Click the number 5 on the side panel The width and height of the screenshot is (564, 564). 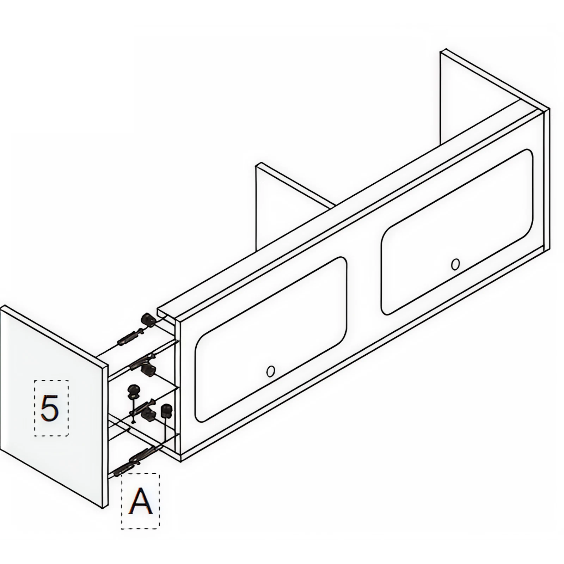click(50, 408)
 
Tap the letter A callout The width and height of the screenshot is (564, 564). click(140, 501)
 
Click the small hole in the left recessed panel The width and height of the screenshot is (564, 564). click(270, 371)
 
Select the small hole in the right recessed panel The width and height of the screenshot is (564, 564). click(455, 264)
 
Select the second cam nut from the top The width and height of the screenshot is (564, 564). click(148, 369)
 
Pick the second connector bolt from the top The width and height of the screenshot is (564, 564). click(141, 361)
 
